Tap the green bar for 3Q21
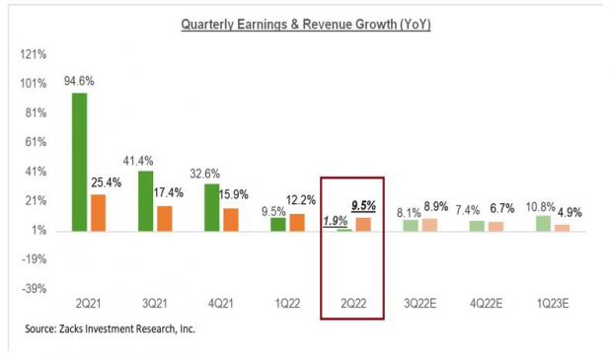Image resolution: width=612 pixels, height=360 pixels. point(145,200)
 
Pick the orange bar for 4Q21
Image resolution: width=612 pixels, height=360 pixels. point(230,219)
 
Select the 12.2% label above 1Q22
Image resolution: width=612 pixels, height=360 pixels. point(301,201)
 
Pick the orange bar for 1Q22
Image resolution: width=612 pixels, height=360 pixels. point(296,222)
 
